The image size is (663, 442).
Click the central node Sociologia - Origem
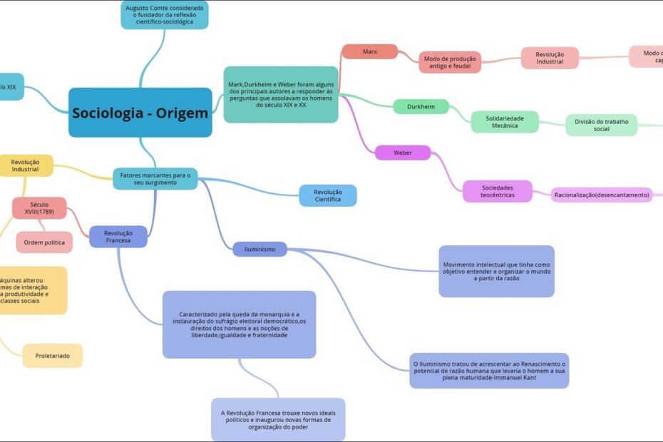coord(140,113)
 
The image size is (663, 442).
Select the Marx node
coord(369,51)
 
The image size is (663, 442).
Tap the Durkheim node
coord(421,106)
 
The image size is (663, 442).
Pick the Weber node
coord(403,153)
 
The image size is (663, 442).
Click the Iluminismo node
coord(259,249)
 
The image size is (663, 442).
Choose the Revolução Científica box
coord(328,195)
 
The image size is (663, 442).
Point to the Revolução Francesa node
coord(118,237)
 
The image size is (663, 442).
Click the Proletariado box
coord(52,355)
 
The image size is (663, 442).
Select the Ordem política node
coord(44,242)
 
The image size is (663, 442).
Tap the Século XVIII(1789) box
coord(39,208)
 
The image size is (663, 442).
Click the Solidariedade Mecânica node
coord(505,122)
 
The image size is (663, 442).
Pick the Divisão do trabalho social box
coord(601,125)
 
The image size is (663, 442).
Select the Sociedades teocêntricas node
coord(497,191)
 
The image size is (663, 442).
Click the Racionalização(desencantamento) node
coord(602,195)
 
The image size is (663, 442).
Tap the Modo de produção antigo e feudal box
coord(450,62)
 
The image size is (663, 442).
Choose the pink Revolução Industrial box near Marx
coord(550,58)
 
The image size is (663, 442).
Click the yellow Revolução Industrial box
coord(26,165)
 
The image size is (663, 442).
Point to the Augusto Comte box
coord(164,14)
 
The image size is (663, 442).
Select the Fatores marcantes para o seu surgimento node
coord(155,179)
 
